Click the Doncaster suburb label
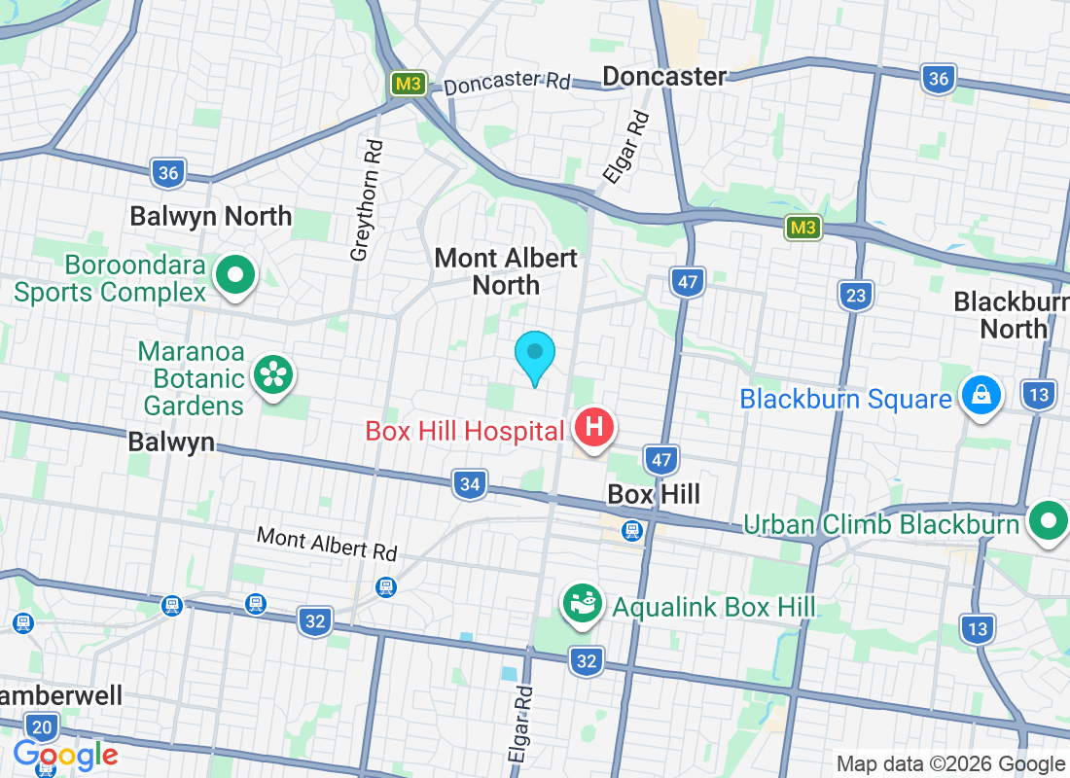[x=664, y=76]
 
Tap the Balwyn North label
[x=211, y=216]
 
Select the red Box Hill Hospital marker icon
[x=594, y=428]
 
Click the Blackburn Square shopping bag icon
[x=981, y=396]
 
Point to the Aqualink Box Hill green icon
[x=584, y=605]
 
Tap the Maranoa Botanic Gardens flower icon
[x=273, y=375]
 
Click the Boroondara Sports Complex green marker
[x=234, y=275]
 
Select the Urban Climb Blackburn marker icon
[x=1048, y=521]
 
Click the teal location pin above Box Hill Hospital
[x=535, y=356]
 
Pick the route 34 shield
[x=470, y=483]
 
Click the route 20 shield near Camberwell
[x=42, y=727]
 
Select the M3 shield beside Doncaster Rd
[x=408, y=84]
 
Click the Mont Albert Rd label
[x=327, y=543]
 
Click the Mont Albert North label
[x=506, y=271]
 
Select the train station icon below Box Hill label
[x=632, y=530]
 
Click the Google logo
[x=66, y=754]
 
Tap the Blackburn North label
[x=1012, y=314]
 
